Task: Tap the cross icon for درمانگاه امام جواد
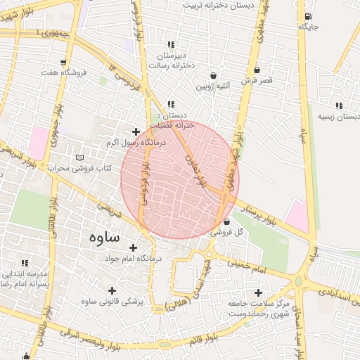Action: tap(133, 247)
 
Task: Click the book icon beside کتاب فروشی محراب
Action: tap(79, 157)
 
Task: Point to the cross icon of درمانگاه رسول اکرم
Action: tap(136, 131)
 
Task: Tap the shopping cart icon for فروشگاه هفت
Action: tap(65, 62)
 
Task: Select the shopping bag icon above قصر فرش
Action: tap(257, 70)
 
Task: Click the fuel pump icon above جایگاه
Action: tap(307, 15)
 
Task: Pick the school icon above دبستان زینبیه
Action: tap(340, 105)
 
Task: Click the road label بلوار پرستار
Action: tap(266, 214)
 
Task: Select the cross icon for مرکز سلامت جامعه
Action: tap(258, 292)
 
